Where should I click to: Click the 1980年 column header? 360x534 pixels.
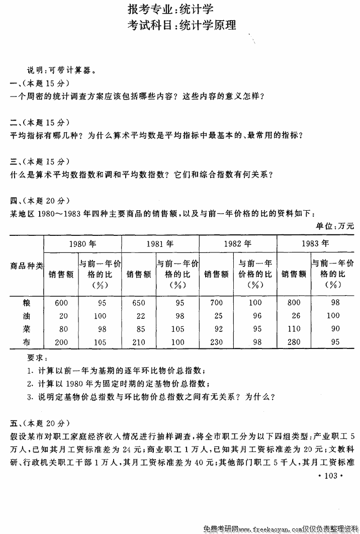pyautogui.click(x=82, y=244)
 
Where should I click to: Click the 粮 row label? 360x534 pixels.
pyautogui.click(x=27, y=303)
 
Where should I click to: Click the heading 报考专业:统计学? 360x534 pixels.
pyautogui.click(x=179, y=9)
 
